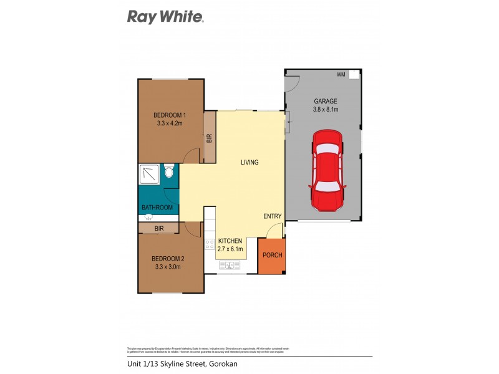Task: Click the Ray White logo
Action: pyautogui.click(x=165, y=17)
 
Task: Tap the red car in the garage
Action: pyautogui.click(x=327, y=170)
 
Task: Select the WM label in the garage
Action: pyautogui.click(x=341, y=75)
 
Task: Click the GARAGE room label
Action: pyautogui.click(x=326, y=101)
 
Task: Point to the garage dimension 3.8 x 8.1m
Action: pyautogui.click(x=326, y=110)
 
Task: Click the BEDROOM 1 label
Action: pyautogui.click(x=170, y=115)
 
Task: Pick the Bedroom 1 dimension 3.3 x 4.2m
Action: pyautogui.click(x=170, y=123)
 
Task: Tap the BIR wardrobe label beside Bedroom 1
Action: pyautogui.click(x=210, y=138)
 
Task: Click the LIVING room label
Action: pyautogui.click(x=249, y=163)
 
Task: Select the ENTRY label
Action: pyautogui.click(x=272, y=216)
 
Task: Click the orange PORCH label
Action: pyautogui.click(x=272, y=256)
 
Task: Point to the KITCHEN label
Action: pyautogui.click(x=230, y=241)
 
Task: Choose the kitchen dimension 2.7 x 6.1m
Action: pyautogui.click(x=230, y=249)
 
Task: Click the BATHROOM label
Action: pyautogui.click(x=157, y=208)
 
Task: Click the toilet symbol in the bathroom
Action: pyautogui.click(x=168, y=171)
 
